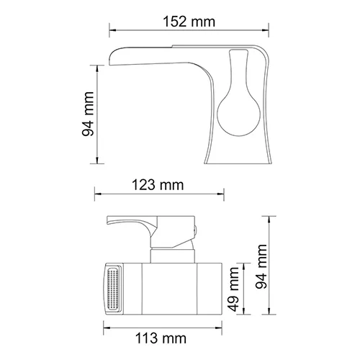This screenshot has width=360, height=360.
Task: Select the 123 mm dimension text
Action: (x=159, y=185)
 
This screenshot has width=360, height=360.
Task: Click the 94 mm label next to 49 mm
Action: (x=264, y=265)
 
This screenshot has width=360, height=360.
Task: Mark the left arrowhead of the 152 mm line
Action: (x=112, y=30)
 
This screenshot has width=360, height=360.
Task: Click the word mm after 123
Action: (x=172, y=185)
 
